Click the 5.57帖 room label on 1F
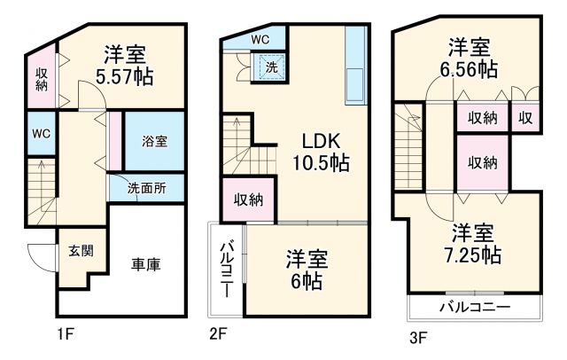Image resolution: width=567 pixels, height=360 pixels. (x=128, y=65)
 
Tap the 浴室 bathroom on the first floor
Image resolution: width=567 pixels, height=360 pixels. (x=154, y=141)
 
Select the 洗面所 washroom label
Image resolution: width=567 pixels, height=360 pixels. (x=145, y=187)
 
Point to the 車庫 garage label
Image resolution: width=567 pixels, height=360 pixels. (x=145, y=264)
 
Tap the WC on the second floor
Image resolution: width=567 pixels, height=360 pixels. (x=260, y=39)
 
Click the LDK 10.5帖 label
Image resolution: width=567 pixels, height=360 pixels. (x=320, y=153)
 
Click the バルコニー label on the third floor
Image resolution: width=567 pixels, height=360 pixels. (x=474, y=309)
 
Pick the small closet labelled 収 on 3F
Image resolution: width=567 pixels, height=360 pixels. (x=525, y=118)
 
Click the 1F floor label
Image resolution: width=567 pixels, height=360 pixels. (x=64, y=334)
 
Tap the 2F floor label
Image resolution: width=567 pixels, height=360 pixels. (x=219, y=334)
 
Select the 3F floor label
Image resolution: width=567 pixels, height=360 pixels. (x=418, y=337)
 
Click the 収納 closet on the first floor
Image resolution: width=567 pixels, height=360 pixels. (x=42, y=79)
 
